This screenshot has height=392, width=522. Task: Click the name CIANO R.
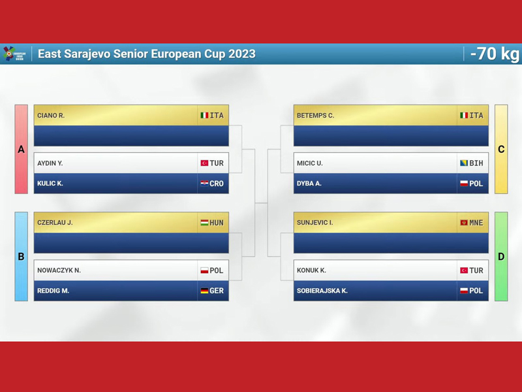(51, 116)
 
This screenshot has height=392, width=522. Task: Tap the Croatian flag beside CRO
(204, 184)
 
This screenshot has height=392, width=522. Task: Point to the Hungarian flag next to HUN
(204, 223)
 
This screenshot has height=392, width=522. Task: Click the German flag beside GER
(204, 291)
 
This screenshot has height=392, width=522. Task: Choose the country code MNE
(476, 223)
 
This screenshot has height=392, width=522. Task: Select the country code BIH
(476, 163)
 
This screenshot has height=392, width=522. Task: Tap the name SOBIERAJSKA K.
(322, 291)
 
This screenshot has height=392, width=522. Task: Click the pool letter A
(21, 150)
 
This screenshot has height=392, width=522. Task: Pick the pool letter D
(501, 257)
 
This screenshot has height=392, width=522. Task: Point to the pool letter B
(21, 257)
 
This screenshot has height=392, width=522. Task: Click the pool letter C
(501, 150)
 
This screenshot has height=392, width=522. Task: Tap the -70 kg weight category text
(495, 54)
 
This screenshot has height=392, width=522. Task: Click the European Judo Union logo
(14, 54)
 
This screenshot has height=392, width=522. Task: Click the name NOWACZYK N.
(59, 270)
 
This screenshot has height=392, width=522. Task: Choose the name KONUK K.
(311, 270)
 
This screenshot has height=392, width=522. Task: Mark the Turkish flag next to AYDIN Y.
(204, 163)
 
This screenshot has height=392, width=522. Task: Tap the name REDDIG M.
(53, 291)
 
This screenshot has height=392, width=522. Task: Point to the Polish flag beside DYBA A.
(464, 184)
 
